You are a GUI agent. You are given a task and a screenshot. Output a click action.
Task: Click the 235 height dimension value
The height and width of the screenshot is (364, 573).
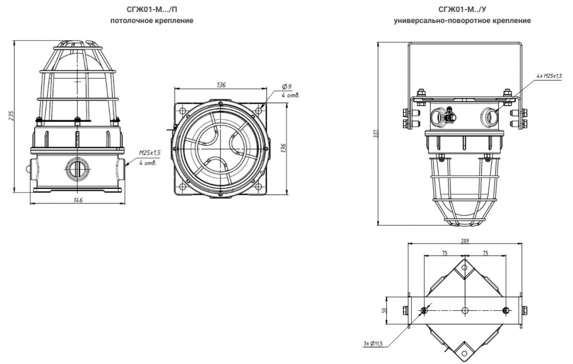pyautogui.click(x=11, y=115)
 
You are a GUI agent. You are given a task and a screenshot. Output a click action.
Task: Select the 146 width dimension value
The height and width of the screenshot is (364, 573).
pyautogui.click(x=78, y=200)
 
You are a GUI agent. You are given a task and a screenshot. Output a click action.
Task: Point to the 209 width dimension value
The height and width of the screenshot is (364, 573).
pyautogui.click(x=465, y=240)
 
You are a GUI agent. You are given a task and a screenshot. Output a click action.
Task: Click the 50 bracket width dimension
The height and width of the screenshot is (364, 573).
pyautogui.click(x=384, y=310)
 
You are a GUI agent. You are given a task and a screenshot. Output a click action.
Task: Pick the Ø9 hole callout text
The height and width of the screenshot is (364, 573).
pyautogui.click(x=286, y=87)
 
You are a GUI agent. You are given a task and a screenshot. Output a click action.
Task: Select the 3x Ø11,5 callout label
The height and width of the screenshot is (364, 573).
pyautogui.click(x=373, y=343)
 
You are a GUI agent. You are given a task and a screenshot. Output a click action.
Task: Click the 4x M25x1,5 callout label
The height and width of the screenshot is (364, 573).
pyautogui.click(x=549, y=76)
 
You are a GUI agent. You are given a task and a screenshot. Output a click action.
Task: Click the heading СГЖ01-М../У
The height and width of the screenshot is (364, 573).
pyautogui.click(x=462, y=9)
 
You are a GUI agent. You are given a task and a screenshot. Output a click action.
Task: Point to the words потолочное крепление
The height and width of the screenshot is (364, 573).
pyautogui.click(x=152, y=21)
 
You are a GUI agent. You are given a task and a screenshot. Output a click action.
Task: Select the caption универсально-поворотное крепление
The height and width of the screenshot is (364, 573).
pyautogui.click(x=462, y=21)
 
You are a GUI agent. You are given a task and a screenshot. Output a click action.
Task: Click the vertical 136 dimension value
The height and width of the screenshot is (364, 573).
pyautogui.click(x=283, y=148)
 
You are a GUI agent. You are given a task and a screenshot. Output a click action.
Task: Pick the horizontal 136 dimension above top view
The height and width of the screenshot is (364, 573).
pyautogui.click(x=221, y=85)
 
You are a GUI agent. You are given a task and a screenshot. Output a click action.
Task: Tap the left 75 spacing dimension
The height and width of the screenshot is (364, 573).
pyautogui.click(x=444, y=253)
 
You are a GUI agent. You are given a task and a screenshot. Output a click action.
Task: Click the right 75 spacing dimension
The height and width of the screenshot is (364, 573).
pyautogui.click(x=485, y=253)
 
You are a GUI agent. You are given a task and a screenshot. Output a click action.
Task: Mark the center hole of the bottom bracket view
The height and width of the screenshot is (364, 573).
pyautogui.click(x=465, y=310)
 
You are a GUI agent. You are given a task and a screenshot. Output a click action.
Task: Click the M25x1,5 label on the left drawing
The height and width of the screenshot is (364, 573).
pyautogui.click(x=150, y=153)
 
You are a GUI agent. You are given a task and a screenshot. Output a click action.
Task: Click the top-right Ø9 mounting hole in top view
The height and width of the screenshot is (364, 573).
pyautogui.click(x=259, y=109)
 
